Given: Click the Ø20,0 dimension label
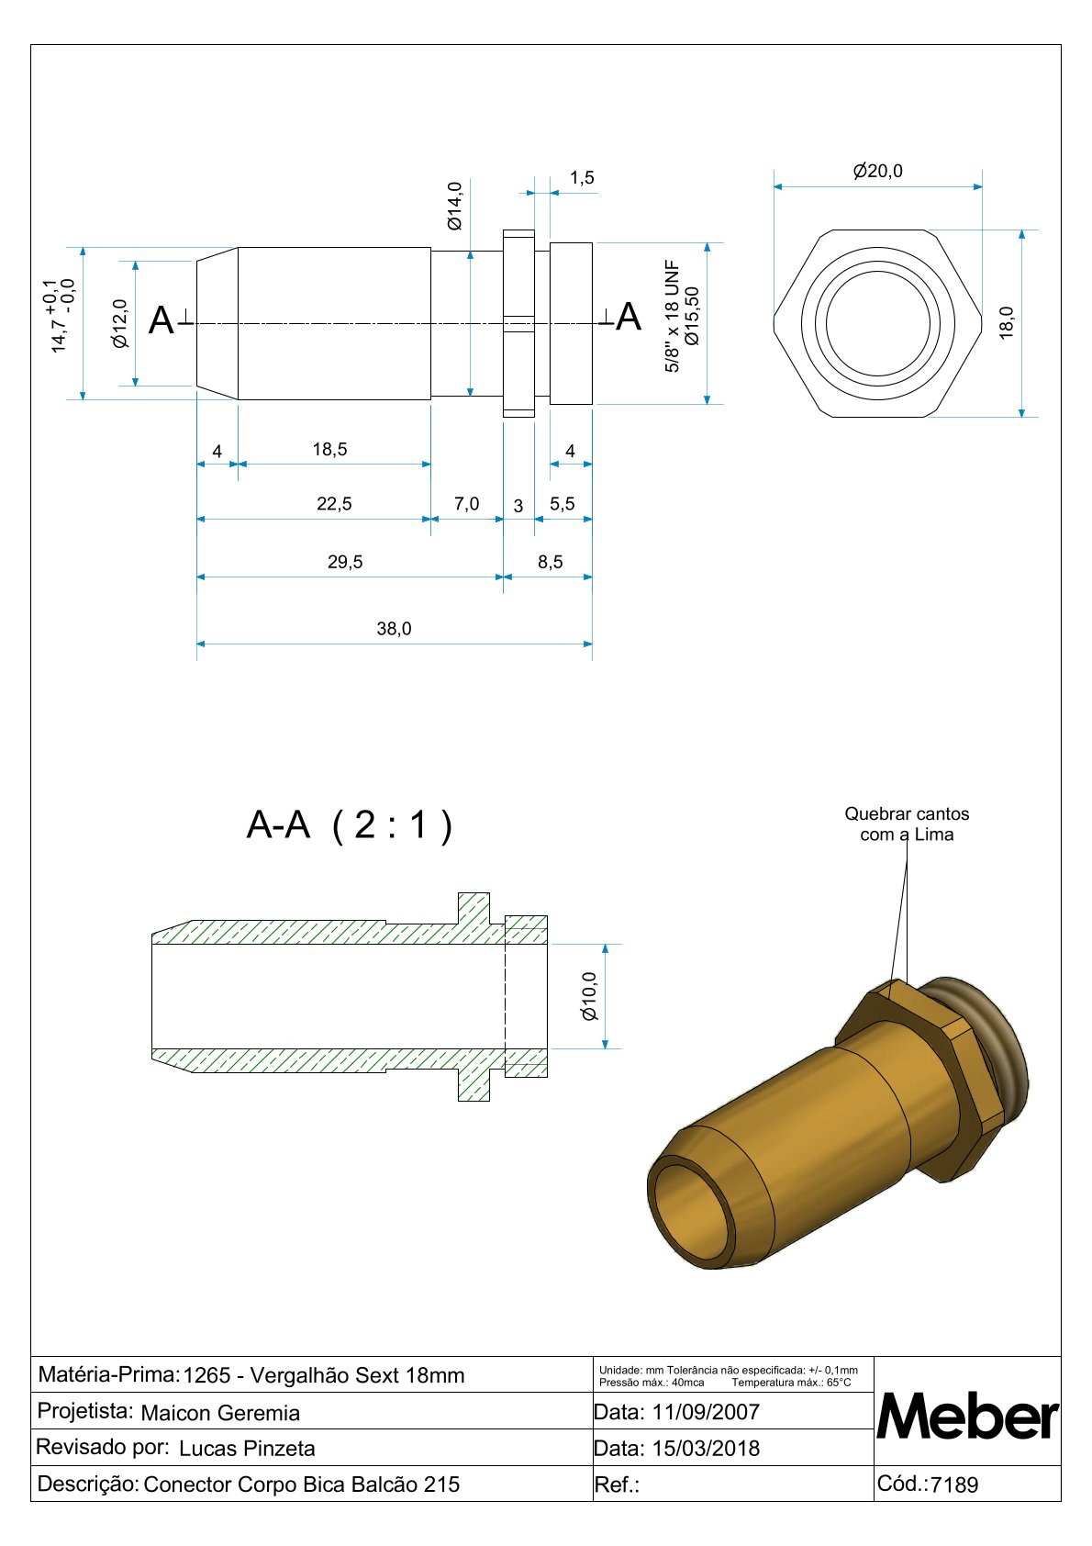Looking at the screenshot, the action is click(x=877, y=171).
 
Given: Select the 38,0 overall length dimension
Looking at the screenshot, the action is click(x=394, y=629).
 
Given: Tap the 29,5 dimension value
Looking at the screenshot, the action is click(x=345, y=562).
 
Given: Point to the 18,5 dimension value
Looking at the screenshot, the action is click(x=329, y=449).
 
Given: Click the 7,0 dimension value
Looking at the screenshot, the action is click(x=466, y=504).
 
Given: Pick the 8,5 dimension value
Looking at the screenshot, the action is click(x=551, y=562).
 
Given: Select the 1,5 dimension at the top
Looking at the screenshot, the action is click(x=582, y=178).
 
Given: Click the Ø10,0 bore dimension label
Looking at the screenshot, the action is click(x=589, y=996).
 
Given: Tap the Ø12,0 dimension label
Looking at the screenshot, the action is click(x=120, y=324).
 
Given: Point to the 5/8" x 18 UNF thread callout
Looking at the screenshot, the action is click(x=672, y=316).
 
